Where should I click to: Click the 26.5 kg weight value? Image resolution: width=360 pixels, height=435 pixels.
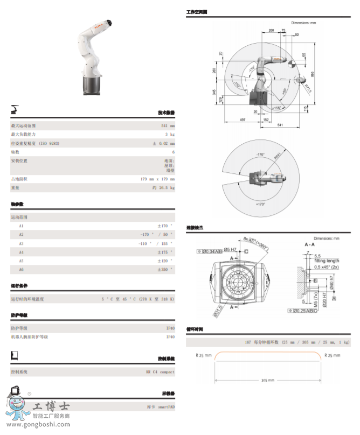pyautogui.click(x=163, y=188)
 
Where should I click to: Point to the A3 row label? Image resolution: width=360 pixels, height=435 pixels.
pyautogui.click(x=22, y=244)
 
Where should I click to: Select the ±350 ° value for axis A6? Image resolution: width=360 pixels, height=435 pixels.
pyautogui.click(x=165, y=270)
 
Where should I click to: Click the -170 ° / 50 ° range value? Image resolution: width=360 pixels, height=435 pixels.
pyautogui.click(x=157, y=235)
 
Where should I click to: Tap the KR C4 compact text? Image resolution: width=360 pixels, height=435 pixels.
pyautogui.click(x=161, y=372)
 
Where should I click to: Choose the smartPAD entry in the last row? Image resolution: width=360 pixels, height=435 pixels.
pyautogui.click(x=161, y=408)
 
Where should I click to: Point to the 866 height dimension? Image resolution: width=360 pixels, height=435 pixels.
pyautogui.click(x=311, y=74)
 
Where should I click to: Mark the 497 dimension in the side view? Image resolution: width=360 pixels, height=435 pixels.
pyautogui.click(x=243, y=119)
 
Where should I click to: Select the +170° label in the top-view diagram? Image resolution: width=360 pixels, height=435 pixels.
pyautogui.click(x=260, y=205)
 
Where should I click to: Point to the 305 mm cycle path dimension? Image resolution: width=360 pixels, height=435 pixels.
pyautogui.click(x=268, y=380)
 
